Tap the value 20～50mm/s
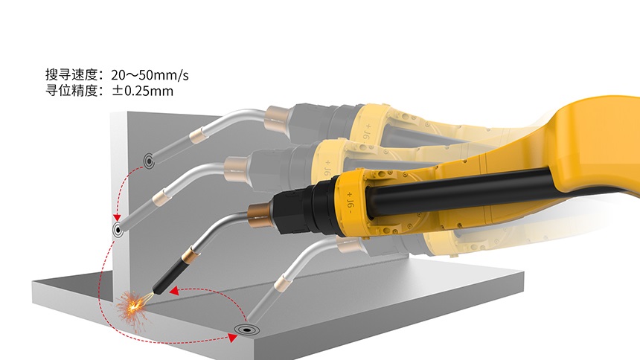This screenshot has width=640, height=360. (150, 75)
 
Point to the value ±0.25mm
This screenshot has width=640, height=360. (143, 91)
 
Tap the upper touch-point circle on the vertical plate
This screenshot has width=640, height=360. (149, 161)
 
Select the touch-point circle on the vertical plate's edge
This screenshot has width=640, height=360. (118, 230)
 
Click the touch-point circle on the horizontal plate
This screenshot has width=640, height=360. (246, 329)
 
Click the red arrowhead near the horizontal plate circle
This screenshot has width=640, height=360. (233, 338)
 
